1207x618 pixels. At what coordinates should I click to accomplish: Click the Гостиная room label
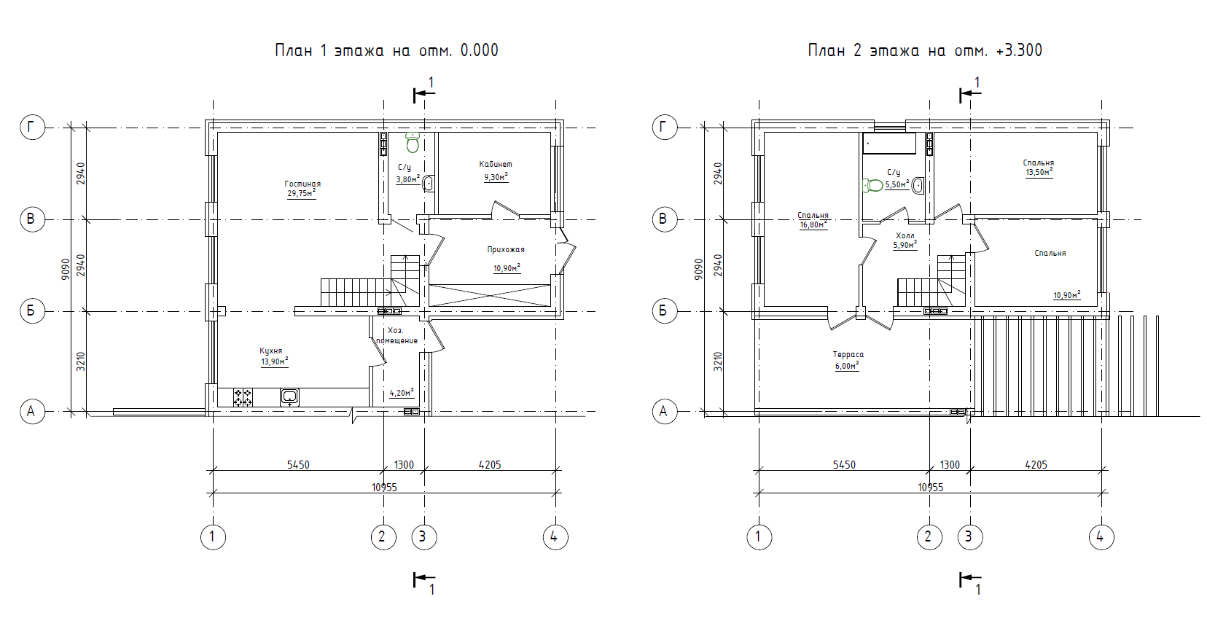302,184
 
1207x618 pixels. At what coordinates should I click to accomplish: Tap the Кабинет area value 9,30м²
496,176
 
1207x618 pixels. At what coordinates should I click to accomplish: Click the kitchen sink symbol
290,397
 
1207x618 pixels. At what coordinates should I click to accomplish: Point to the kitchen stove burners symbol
243,397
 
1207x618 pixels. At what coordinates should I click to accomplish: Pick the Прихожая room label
505,249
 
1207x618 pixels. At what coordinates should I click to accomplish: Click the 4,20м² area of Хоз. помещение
402,393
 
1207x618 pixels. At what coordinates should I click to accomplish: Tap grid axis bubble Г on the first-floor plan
32,128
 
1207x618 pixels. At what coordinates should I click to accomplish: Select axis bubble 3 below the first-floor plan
424,536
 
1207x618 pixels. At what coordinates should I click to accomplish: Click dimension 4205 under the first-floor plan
490,464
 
